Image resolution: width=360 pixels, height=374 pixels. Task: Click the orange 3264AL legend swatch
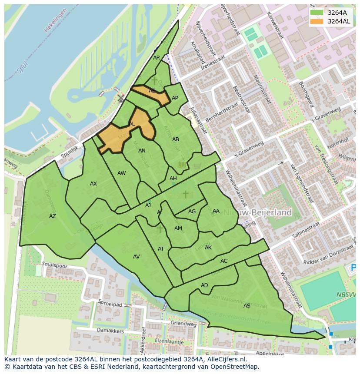317,21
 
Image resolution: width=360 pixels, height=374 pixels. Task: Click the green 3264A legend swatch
317,13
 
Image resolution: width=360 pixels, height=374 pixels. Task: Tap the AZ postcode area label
53,216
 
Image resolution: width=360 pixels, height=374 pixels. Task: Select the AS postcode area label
247,306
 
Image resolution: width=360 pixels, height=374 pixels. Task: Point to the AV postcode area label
137,257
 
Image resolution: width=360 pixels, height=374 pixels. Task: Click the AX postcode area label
93,184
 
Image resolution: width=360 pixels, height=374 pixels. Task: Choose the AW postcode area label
122,173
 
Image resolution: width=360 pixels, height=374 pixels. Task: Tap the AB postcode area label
176,139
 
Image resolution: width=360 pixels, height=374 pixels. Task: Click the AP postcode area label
175,98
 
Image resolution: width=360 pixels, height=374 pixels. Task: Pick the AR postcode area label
157,58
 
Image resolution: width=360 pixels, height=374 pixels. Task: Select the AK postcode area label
208,248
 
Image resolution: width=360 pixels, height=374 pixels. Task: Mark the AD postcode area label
205,285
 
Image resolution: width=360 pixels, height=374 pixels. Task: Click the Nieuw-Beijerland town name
264,213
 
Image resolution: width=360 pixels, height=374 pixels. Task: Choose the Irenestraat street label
213,62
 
